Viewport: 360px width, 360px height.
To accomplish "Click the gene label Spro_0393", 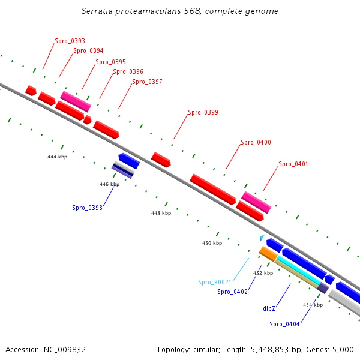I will coord(70,41).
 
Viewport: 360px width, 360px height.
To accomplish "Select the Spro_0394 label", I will coord(88,50).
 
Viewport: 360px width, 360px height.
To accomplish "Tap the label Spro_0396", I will coord(128,71).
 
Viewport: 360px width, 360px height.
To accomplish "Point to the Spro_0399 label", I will coord(203,112).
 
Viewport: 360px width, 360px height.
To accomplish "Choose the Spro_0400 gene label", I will coord(256,142).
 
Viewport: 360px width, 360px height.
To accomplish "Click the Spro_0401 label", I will coord(293,164).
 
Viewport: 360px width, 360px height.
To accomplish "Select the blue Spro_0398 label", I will coord(87,208).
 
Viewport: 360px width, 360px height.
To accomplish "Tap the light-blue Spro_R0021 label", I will coord(215,282).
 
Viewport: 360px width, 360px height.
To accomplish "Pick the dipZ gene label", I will coord(269,308).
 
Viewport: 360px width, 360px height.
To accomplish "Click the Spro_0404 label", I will coord(284,324).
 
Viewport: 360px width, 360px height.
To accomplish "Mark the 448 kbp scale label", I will coord(161,213).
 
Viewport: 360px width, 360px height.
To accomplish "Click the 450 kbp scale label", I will coord(212,243).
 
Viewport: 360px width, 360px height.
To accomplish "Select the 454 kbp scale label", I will coord(313,305).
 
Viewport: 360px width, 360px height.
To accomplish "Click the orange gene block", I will coord(268,254).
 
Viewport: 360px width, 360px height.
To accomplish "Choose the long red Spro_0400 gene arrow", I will coord(212,189).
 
